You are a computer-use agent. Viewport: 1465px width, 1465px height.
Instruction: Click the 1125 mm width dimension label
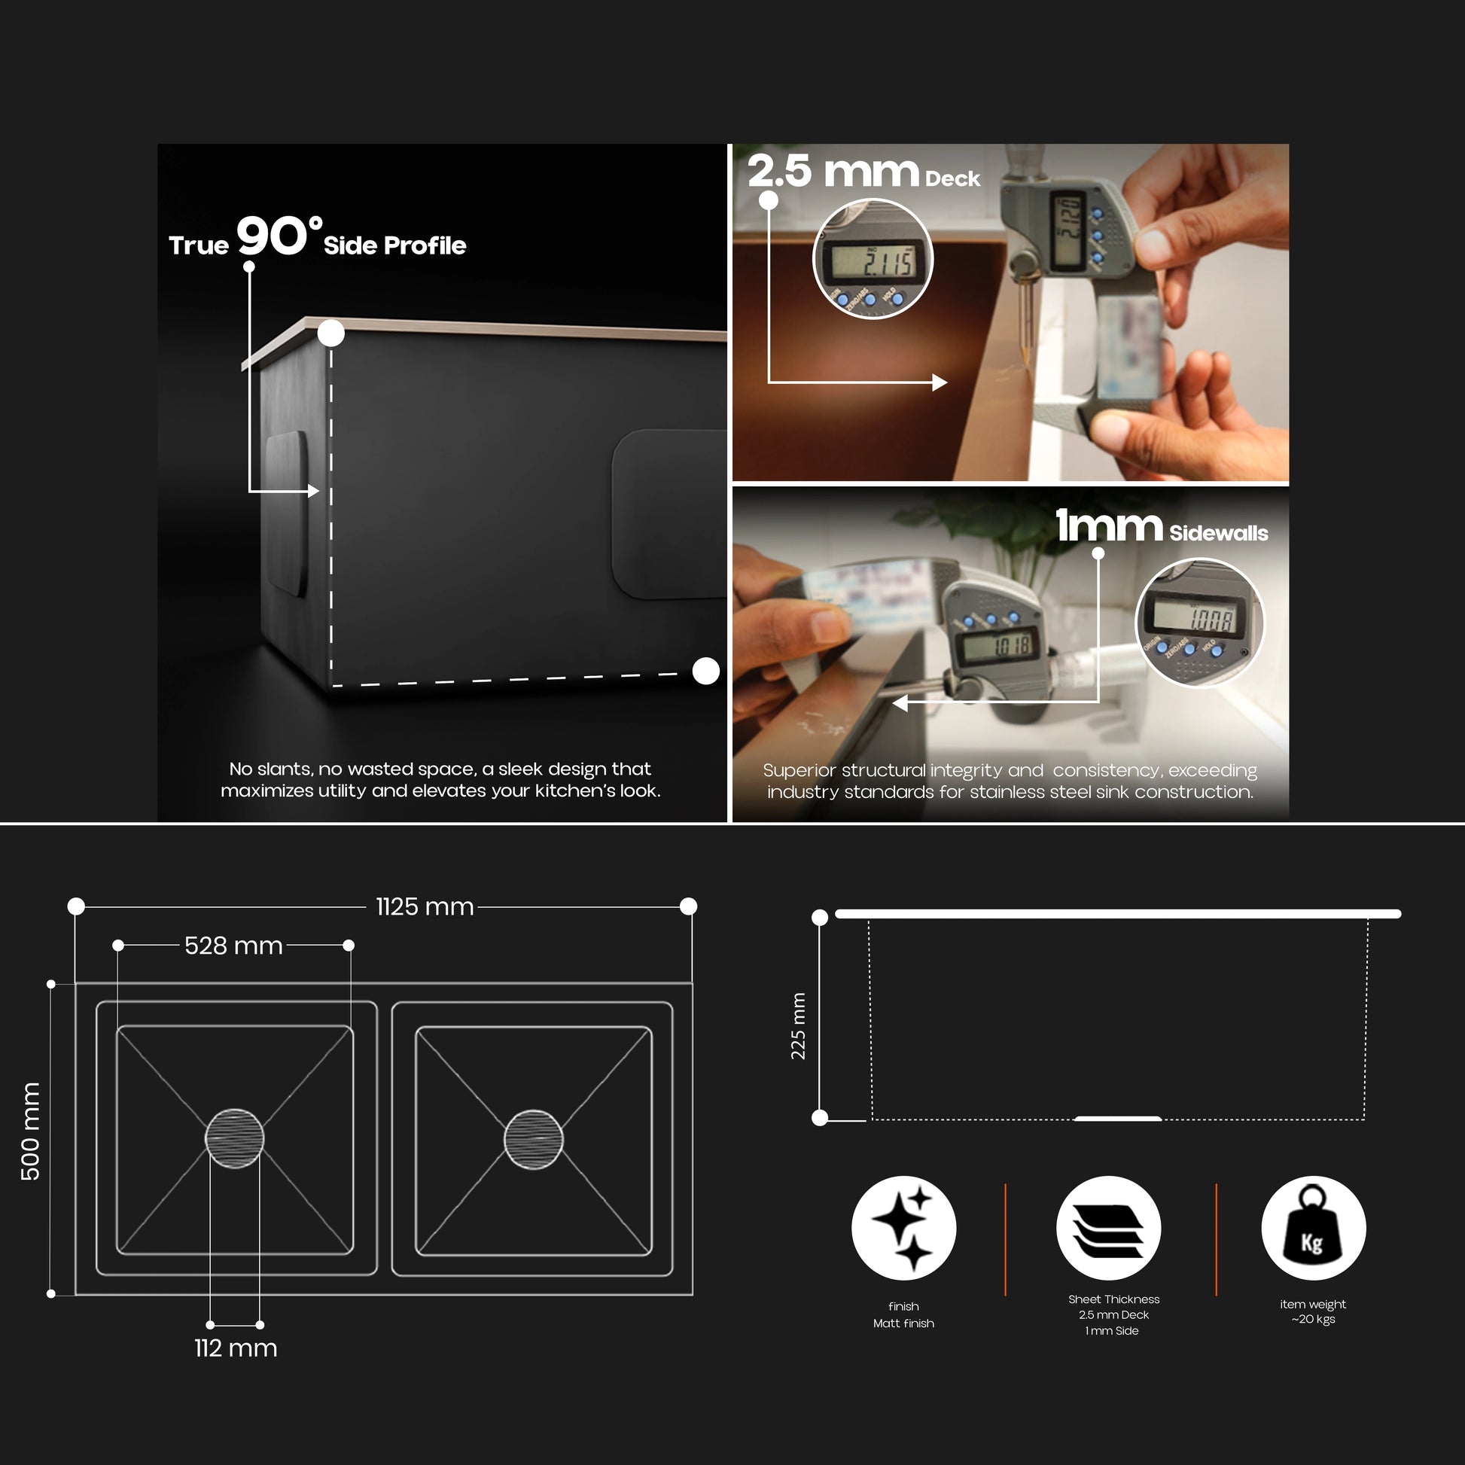point(425,907)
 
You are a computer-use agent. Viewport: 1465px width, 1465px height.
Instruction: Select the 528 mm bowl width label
point(233,946)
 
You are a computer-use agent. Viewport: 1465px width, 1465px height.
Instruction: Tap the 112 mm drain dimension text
point(236,1348)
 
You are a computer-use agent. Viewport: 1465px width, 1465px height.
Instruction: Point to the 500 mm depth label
point(30,1131)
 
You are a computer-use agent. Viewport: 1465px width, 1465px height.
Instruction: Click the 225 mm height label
point(799,1026)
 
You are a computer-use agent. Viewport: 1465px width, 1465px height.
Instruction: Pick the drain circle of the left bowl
point(234,1138)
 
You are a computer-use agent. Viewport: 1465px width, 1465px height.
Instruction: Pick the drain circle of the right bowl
point(534,1139)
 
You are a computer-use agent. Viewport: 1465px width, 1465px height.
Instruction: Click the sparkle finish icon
point(904,1229)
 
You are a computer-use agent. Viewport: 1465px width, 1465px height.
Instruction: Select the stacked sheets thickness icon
point(1109,1229)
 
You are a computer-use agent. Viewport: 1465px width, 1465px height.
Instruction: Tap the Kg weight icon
point(1314,1229)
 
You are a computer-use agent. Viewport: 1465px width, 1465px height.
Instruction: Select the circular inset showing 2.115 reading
point(873,259)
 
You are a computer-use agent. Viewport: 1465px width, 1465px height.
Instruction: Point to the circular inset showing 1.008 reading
point(1199,623)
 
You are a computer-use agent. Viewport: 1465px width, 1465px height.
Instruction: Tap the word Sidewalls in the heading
point(1219,533)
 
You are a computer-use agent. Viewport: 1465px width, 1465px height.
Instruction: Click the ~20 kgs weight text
point(1314,1320)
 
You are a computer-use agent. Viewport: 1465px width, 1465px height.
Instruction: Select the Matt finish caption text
point(903,1323)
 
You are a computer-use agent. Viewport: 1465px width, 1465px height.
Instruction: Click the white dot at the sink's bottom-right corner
point(706,671)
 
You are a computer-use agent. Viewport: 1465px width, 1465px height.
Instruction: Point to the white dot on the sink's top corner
point(330,334)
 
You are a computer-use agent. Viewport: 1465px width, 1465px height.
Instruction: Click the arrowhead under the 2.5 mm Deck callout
point(940,382)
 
